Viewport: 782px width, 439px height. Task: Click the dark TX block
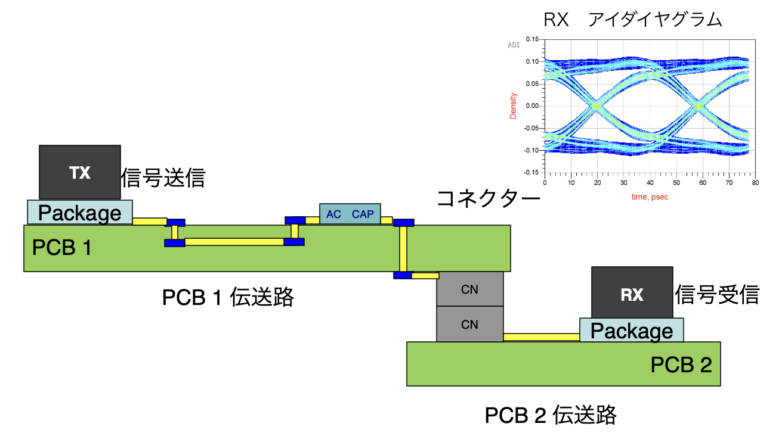coord(79,172)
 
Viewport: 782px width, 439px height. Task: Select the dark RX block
coord(632,292)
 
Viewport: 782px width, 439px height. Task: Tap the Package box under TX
coord(79,212)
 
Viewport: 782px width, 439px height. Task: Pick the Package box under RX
coord(632,330)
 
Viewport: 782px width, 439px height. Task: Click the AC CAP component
coord(350,214)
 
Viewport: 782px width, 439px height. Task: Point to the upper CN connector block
coord(469,289)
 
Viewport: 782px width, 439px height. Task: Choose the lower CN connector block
coord(469,324)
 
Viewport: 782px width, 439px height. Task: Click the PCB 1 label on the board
coord(62,247)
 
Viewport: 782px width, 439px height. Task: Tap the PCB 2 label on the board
coord(681,365)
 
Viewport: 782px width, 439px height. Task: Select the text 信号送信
coord(163,178)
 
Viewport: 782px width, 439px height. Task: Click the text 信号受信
coord(717,294)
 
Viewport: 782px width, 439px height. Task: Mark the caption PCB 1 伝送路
coord(228,297)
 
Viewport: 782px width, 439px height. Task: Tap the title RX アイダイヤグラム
coord(633,20)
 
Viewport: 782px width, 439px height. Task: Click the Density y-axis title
coord(512,105)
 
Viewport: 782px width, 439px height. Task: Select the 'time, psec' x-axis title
coord(649,196)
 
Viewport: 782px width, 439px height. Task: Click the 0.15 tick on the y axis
coord(531,39)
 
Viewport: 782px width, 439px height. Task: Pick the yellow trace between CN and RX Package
coord(541,337)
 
